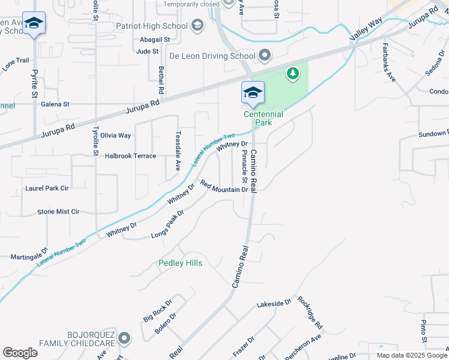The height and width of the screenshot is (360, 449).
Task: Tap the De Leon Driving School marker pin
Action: pos(265,56)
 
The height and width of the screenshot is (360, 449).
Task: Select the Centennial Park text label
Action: pos(263,118)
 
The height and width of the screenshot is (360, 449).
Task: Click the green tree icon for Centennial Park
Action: pos(293,73)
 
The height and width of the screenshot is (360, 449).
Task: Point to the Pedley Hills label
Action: pos(180,263)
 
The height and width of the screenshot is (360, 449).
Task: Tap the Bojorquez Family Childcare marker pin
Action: pos(124,338)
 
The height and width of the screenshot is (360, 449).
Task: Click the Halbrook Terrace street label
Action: pos(130,156)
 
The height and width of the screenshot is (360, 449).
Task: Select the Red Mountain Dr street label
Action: pos(224,187)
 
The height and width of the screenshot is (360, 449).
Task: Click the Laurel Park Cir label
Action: pos(47,188)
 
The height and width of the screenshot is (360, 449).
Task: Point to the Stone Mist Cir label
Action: pos(58,212)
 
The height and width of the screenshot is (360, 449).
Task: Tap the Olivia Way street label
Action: pos(115,136)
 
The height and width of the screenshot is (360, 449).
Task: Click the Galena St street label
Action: pos(55,104)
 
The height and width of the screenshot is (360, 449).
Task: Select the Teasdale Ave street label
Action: pos(178,151)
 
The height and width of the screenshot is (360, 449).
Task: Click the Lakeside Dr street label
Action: pos(274,304)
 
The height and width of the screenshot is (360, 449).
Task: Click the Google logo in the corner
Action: pos(20,353)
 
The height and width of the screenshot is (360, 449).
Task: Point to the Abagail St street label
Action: pos(155,40)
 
